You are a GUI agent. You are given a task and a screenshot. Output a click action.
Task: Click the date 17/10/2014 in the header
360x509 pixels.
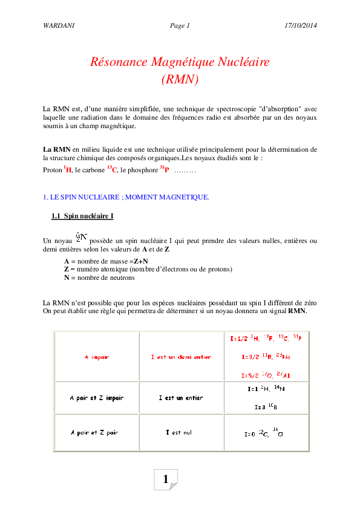pyautogui.click(x=300, y=25)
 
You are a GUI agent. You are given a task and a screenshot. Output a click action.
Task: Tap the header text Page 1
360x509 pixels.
pyautogui.click(x=180, y=25)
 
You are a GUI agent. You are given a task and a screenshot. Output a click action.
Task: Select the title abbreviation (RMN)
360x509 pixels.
pyautogui.click(x=180, y=79)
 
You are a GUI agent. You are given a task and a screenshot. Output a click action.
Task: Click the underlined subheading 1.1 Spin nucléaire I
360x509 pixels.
pyautogui.click(x=82, y=216)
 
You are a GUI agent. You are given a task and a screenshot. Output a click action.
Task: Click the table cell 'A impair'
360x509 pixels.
pyautogui.click(x=97, y=357)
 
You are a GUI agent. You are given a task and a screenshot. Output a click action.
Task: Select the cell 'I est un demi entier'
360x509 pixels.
pyautogui.click(x=181, y=357)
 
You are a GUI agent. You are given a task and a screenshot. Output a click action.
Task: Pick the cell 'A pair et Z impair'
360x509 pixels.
pyautogui.click(x=97, y=398)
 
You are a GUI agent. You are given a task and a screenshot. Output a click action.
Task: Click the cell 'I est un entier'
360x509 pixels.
pyautogui.click(x=181, y=398)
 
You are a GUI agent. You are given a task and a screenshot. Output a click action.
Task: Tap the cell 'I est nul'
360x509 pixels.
pyautogui.click(x=179, y=432)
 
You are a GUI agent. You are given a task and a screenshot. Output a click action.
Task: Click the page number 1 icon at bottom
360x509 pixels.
pyautogui.click(x=166, y=479)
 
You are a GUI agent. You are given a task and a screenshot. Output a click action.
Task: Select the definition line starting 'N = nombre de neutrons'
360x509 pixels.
pyautogui.click(x=99, y=277)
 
